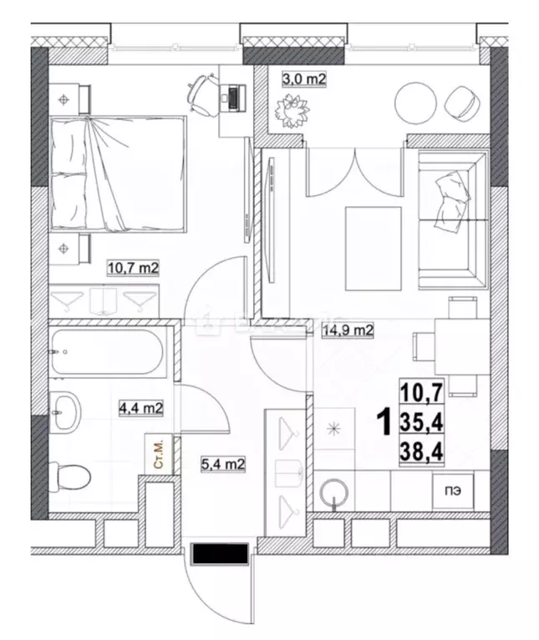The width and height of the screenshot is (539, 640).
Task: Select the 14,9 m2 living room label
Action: (347, 330)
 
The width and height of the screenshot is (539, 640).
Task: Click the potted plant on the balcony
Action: (292, 109)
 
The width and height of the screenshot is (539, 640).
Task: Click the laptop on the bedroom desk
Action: (231, 95)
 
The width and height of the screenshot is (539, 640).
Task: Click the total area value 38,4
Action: (422, 454)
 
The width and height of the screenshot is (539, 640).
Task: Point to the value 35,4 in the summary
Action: (422, 423)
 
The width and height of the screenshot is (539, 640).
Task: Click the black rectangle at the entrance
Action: (219, 553)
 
